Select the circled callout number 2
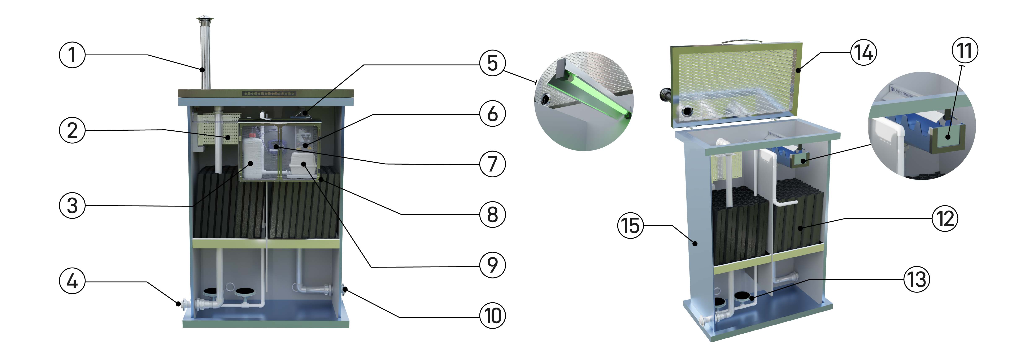72,130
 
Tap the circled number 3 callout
72,205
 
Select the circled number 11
965,51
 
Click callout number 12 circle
945,219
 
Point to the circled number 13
917,279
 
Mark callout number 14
863,52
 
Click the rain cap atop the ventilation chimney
205,20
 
